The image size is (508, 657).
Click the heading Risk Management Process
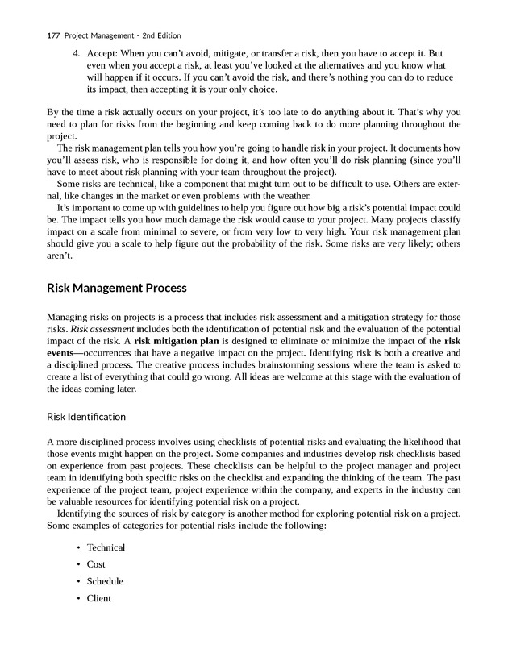[x=117, y=288]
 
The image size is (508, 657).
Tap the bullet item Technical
[x=106, y=547]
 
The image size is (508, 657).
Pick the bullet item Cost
[x=96, y=564]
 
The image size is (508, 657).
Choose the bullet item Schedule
[x=105, y=581]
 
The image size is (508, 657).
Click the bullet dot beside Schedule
[x=78, y=581]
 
